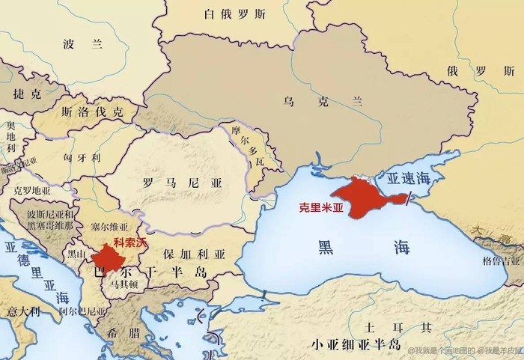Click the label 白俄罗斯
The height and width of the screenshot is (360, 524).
tap(234, 13)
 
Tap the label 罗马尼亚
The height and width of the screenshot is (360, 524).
tap(174, 182)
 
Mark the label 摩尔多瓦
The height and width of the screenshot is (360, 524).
tap(249, 145)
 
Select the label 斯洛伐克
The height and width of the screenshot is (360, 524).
tap(92, 112)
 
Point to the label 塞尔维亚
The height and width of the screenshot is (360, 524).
tap(109, 227)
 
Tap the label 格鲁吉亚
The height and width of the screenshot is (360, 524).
tap(501, 261)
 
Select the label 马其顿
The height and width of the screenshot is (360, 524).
tap(121, 284)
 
